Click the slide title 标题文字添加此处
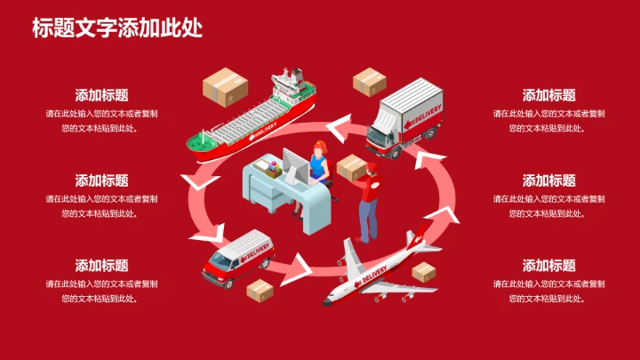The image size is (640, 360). [x=117, y=28]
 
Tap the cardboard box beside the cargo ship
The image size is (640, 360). [x=224, y=86]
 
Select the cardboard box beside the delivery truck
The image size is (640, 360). [x=369, y=82]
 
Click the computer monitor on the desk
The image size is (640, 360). [x=294, y=165]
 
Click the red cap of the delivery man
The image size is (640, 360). [x=372, y=165]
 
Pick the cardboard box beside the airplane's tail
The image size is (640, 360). [x=425, y=270]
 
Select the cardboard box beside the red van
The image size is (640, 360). [x=260, y=290]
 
